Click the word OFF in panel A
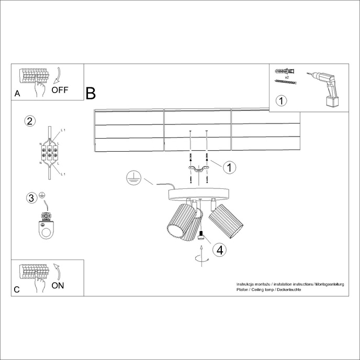click(60, 89)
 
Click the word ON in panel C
click(58, 285)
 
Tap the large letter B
click(91, 93)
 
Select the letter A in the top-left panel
click(17, 94)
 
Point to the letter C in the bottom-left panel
click(17, 289)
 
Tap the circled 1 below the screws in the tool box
click(282, 100)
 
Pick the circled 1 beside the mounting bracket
click(229, 167)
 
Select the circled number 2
click(30, 121)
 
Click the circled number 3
click(31, 198)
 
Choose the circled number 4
click(220, 250)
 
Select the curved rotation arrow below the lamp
click(200, 257)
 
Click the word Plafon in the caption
click(243, 289)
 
